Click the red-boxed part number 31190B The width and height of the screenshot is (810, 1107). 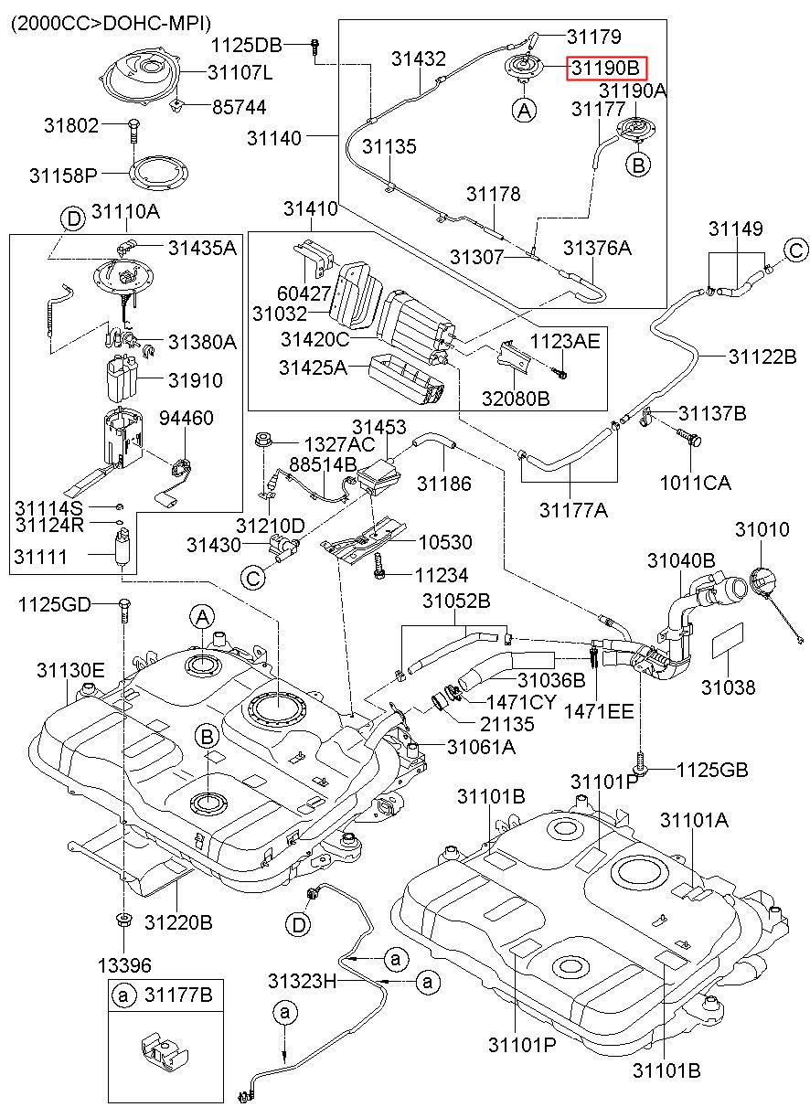coord(605,68)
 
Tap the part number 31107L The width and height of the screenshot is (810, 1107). coord(240,72)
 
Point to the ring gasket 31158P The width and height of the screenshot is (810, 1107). coord(159,173)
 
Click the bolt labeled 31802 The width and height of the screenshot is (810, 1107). coord(133,130)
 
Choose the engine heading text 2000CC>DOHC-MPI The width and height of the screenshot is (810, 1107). coord(112,23)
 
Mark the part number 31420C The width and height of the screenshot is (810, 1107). coord(314,339)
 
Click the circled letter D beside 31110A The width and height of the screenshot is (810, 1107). coord(73,218)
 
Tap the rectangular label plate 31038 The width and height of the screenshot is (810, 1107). coord(728,642)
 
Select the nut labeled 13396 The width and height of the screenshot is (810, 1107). coord(123,920)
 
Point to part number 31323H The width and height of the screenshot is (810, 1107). coord(302,981)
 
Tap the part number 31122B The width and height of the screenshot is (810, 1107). coord(762,356)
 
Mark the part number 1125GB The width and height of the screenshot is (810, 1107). coord(711,770)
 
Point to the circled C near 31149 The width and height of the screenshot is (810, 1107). coord(795,250)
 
